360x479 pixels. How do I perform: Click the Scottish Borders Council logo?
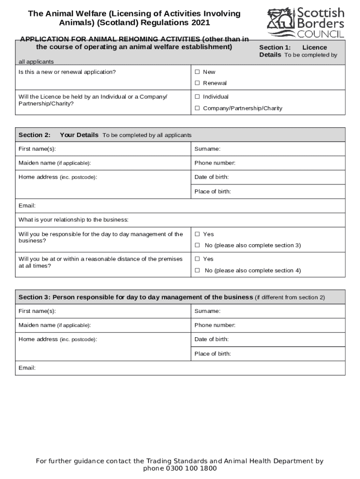click(306, 22)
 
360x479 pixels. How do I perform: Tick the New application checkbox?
click(197, 72)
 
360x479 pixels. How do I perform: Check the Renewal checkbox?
click(197, 83)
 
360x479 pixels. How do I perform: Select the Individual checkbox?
click(197, 97)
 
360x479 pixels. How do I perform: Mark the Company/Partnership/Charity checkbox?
click(197, 109)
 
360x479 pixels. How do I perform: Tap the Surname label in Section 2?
click(207, 149)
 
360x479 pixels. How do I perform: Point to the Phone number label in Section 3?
click(215, 325)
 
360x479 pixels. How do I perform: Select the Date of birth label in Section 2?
click(211, 177)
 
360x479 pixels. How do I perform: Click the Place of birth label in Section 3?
click(212, 354)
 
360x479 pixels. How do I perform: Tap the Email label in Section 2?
click(27, 206)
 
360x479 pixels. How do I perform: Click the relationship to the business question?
click(73, 220)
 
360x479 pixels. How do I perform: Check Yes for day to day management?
click(197, 234)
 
